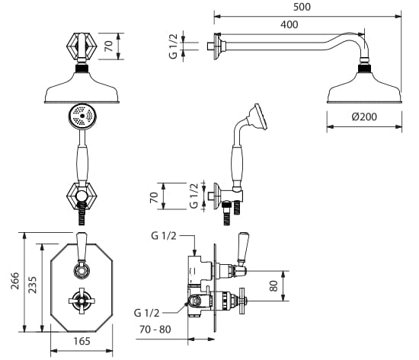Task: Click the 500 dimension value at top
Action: point(302,7)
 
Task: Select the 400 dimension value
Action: point(289,24)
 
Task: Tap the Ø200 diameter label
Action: point(364,116)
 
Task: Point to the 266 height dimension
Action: point(15,281)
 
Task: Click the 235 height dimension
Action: point(32,285)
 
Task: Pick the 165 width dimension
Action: point(82,341)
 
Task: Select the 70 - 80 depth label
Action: point(155,330)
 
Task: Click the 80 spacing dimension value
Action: point(273,286)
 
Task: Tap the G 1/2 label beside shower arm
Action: point(173,46)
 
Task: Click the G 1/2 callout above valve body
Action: point(164,236)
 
